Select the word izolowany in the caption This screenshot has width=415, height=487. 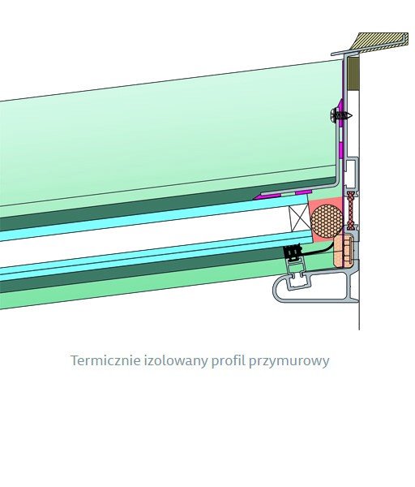coord(176,361)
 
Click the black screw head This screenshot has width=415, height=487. coord(334,115)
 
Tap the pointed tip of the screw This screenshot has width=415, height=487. coord(353,115)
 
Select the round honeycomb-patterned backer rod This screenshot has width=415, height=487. coord(327,221)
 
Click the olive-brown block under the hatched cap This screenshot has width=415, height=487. coord(353,74)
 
